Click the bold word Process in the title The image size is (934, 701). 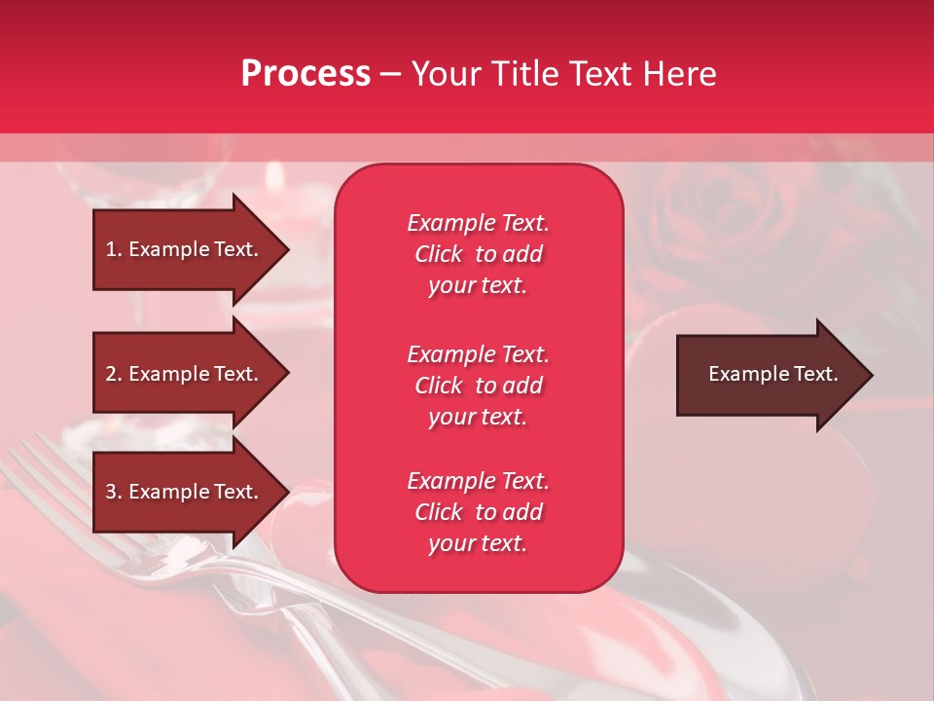click(305, 74)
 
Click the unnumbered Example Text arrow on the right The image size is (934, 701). click(772, 375)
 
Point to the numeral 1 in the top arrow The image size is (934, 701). click(110, 249)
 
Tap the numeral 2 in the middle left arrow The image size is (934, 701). click(110, 374)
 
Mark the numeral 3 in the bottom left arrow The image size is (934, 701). click(110, 492)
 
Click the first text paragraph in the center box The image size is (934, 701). click(478, 254)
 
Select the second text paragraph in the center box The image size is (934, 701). click(478, 386)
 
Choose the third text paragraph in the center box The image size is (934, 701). click(478, 512)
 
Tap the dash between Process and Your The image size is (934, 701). click(390, 74)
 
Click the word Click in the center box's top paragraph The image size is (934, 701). click(439, 254)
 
